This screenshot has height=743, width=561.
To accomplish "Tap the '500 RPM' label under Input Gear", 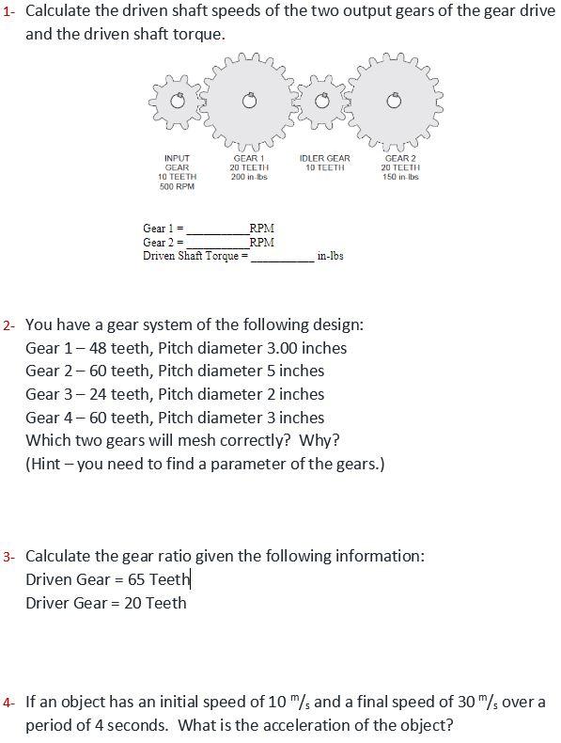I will (x=177, y=186).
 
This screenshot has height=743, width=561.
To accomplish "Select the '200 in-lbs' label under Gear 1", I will (x=249, y=177).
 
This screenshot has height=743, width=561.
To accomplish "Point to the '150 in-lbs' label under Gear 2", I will (x=400, y=177).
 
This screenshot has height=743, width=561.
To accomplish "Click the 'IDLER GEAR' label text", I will (x=324, y=159).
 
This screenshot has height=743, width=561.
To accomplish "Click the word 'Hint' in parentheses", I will (x=49, y=465).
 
